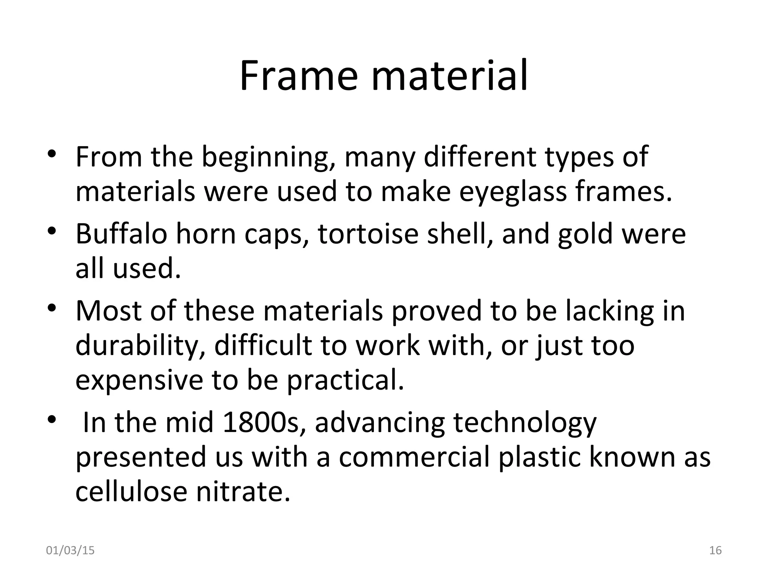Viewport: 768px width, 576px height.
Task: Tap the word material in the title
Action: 450,76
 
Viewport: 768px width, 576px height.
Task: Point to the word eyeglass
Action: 513,192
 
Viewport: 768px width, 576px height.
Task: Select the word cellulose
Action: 131,492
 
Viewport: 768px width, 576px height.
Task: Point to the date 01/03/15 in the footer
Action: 70,550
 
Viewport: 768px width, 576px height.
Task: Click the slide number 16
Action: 715,550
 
